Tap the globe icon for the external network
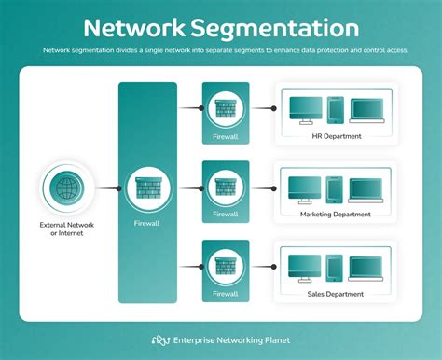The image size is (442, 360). click(x=66, y=187)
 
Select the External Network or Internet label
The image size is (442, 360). click(x=66, y=228)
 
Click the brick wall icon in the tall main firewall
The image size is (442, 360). click(x=146, y=187)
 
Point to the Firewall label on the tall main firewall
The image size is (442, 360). click(x=146, y=224)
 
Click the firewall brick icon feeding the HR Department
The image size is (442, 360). click(x=226, y=107)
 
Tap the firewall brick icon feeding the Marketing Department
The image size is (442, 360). click(x=226, y=187)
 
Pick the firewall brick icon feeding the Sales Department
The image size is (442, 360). click(x=226, y=266)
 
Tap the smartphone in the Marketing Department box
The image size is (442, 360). click(x=334, y=189)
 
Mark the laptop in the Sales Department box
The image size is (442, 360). click(x=365, y=269)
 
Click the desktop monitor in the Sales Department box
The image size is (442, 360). click(x=303, y=267)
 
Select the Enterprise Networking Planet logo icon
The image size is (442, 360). click(x=161, y=340)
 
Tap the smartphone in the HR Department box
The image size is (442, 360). click(x=334, y=111)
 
